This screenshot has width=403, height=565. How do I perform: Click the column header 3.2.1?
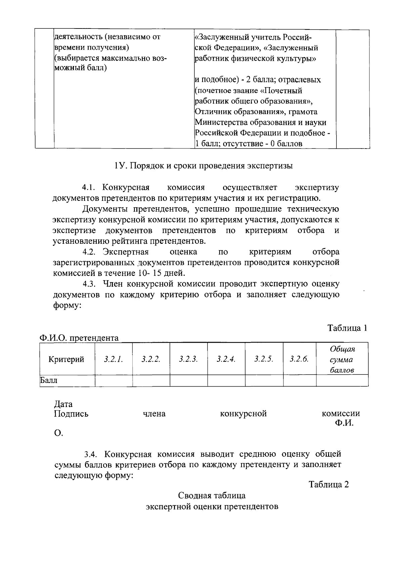114,359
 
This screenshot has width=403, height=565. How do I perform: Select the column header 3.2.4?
226,359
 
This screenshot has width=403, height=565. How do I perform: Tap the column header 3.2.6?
299,359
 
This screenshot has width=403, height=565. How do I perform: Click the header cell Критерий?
66,359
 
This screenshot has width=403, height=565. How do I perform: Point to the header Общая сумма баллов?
342,359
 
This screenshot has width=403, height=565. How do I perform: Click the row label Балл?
49,381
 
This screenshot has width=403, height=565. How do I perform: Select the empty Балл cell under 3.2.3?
188,381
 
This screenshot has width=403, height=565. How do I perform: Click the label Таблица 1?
347,328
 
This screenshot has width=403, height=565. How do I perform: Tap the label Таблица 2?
329,485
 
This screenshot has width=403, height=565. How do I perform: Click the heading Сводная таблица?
212,496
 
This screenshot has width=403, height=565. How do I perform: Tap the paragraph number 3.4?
91,455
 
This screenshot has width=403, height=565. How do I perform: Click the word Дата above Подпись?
63,404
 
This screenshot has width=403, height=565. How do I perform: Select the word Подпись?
71,414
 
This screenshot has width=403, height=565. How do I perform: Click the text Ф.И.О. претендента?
79,338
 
